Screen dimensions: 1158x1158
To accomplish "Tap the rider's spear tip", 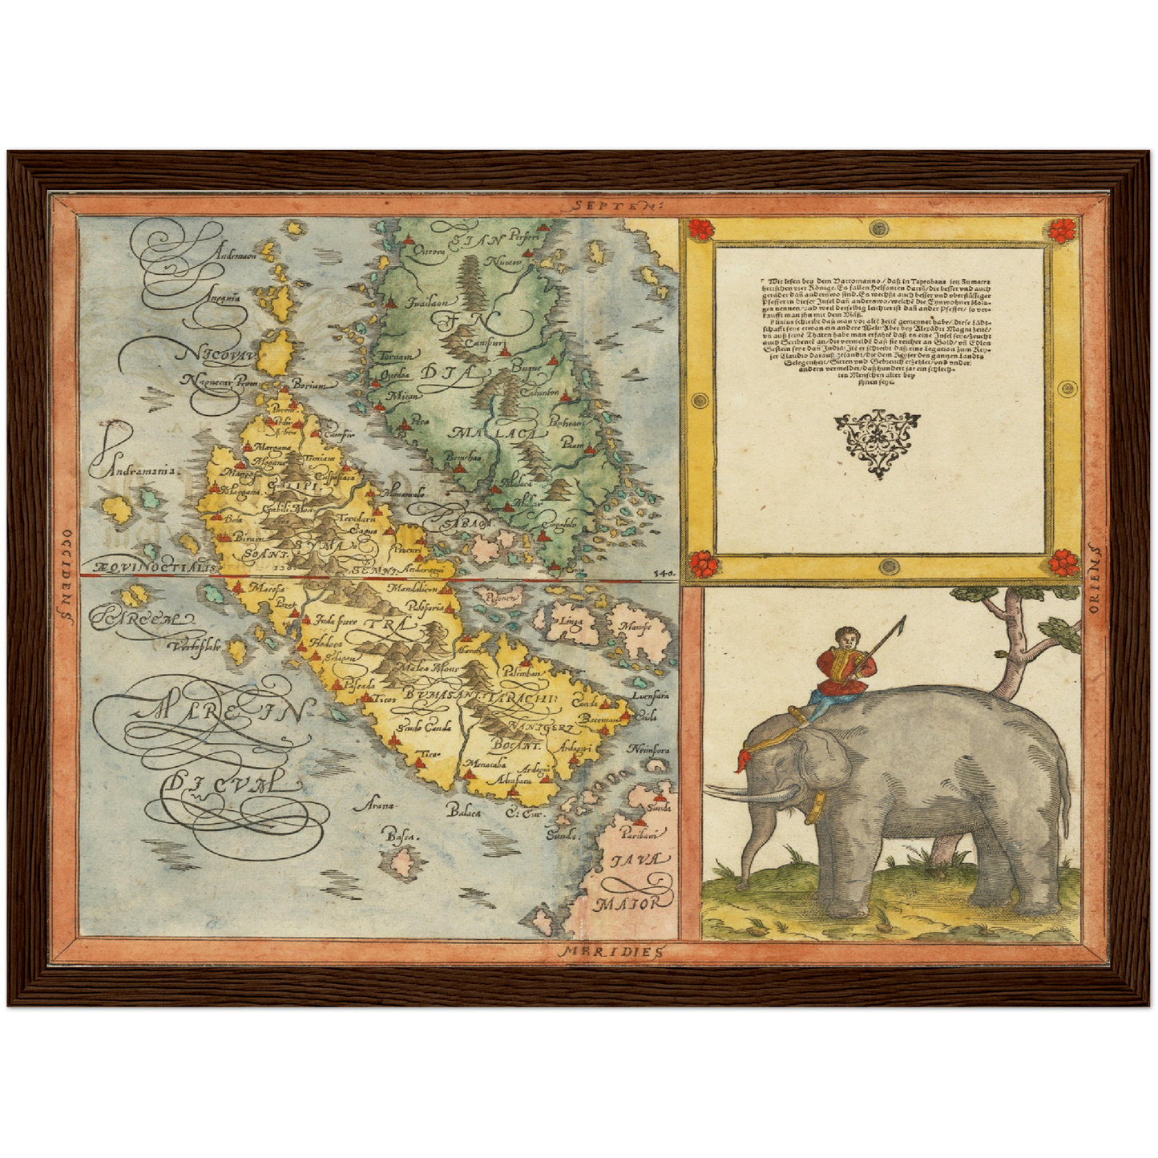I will click(904, 620).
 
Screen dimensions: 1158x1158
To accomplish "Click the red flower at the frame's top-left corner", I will click(700, 229).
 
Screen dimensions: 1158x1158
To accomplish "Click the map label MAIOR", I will click(629, 902).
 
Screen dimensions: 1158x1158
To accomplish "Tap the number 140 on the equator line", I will click(664, 574).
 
